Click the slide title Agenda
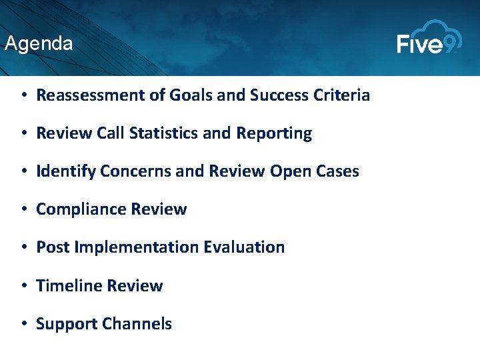click(x=39, y=44)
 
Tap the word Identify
click(x=65, y=171)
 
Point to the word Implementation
click(x=137, y=247)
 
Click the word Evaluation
click(x=244, y=247)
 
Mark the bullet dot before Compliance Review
click(x=23, y=209)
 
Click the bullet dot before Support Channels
click(x=23, y=324)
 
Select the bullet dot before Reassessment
click(x=23, y=95)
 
